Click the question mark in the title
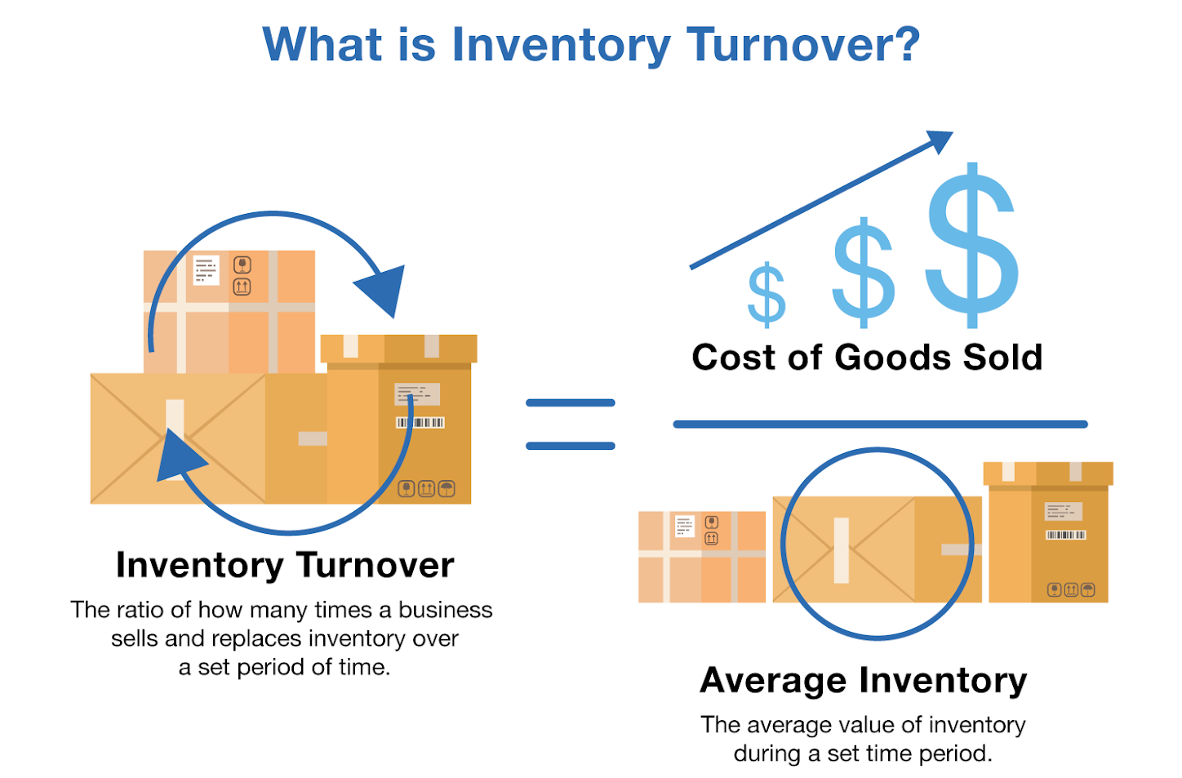point(904,44)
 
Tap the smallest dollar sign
point(767,294)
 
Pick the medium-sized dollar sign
point(864,269)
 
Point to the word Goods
point(892,358)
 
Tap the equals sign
point(570,425)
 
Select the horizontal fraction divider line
point(880,425)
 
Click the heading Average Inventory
point(863,681)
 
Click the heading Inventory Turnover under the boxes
point(285,565)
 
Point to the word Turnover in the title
point(803,44)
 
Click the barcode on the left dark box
point(420,422)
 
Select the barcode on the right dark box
point(1065,535)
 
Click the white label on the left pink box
point(206,270)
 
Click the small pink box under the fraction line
point(701,557)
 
